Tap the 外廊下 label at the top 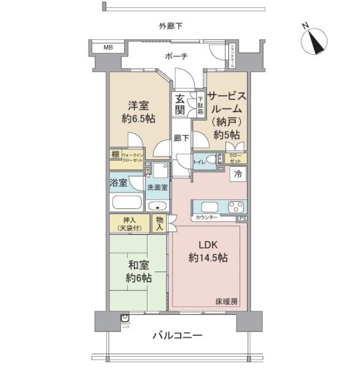coord(171,26)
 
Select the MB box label coord(108,47)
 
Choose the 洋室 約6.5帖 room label coord(136,112)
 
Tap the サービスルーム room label coord(227,115)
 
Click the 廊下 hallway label coord(180,138)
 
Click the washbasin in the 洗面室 coord(157,205)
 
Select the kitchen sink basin coord(205,206)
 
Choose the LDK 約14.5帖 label coord(209,251)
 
